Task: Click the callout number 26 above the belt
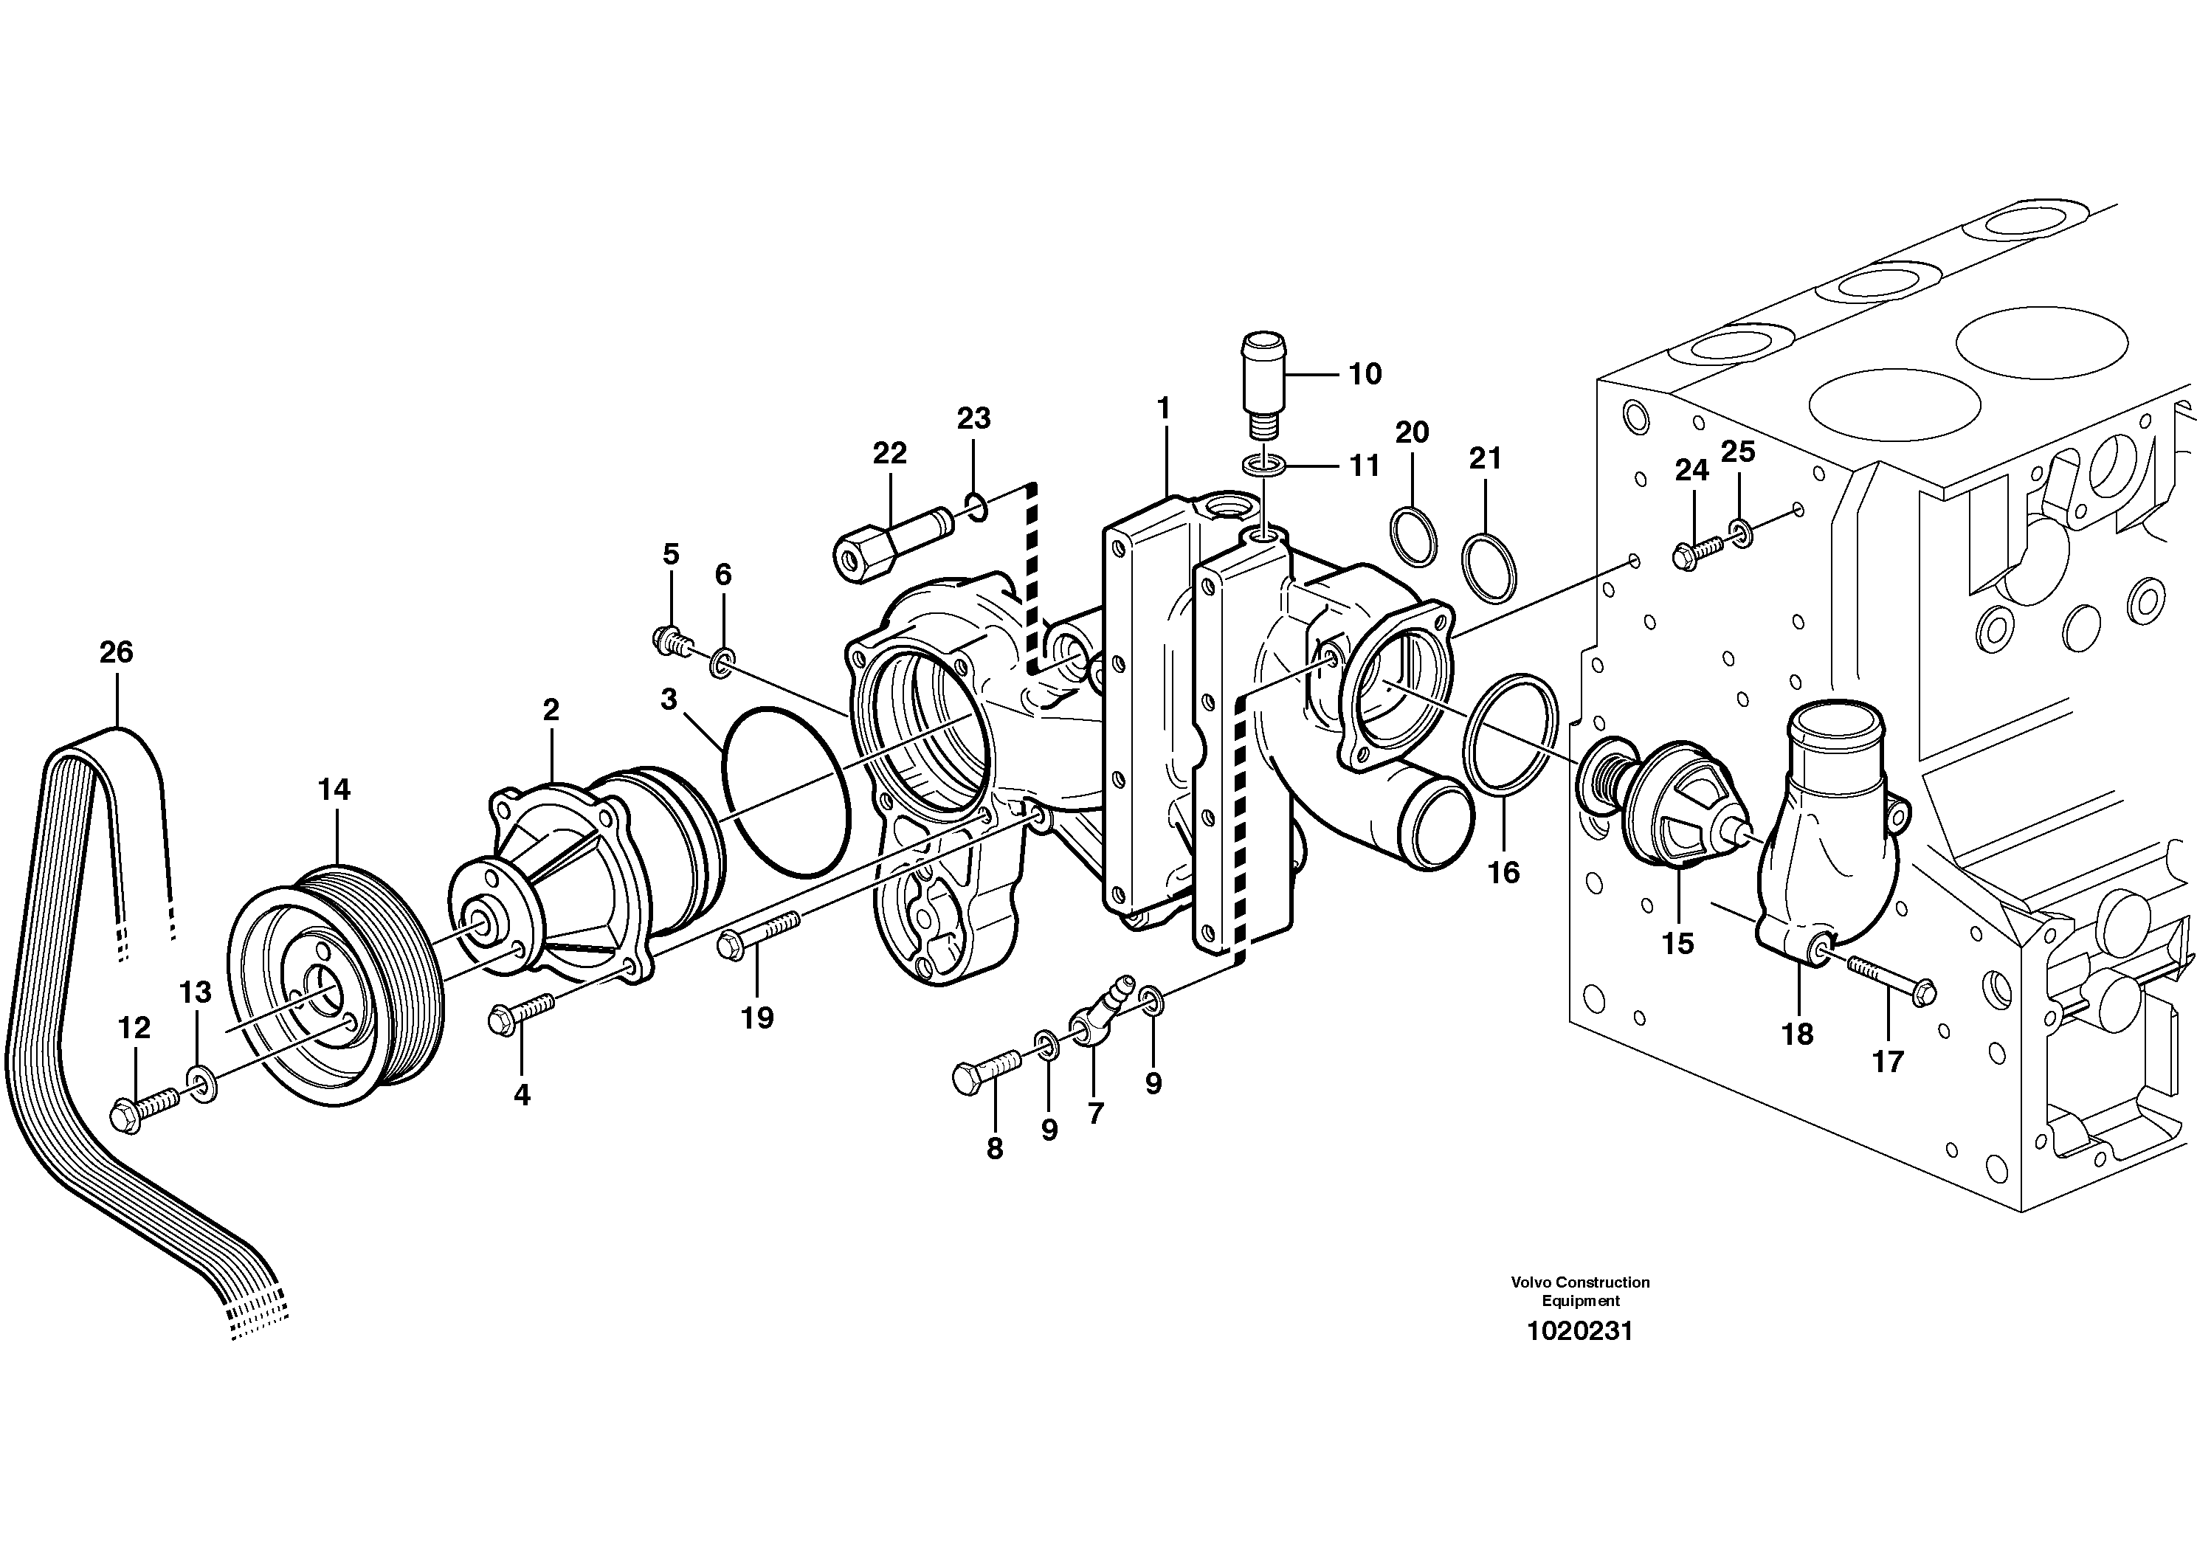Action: (x=116, y=652)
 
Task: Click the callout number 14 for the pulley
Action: (x=334, y=790)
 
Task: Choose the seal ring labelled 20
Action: (x=1413, y=536)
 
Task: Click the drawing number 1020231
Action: (x=1580, y=1331)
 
